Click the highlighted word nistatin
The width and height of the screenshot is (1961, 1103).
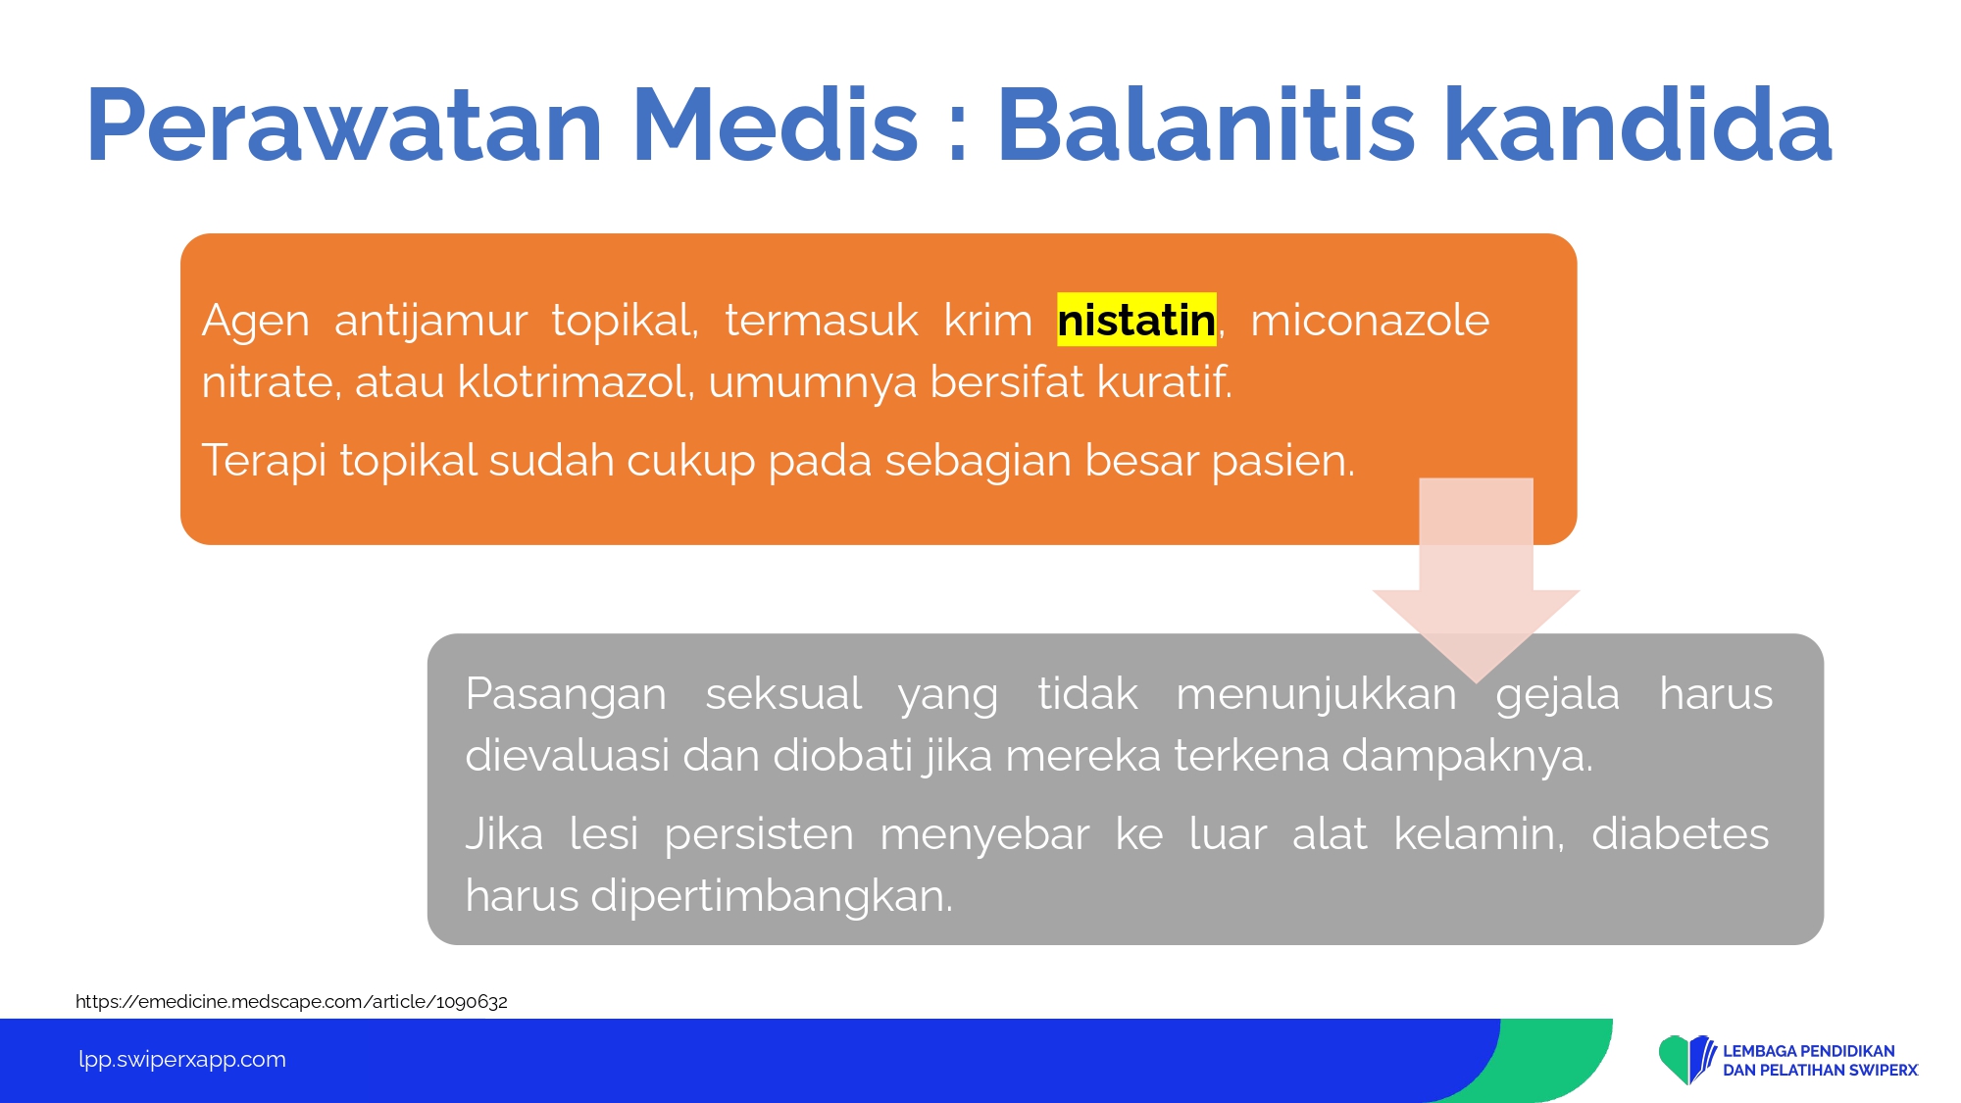pos(1136,321)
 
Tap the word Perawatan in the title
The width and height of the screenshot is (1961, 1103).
pos(344,125)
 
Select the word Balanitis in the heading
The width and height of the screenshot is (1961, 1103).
pos(1206,125)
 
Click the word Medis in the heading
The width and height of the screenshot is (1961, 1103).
pos(776,125)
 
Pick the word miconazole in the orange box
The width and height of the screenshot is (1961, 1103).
pos(1370,321)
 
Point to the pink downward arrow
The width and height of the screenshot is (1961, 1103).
pos(1476,578)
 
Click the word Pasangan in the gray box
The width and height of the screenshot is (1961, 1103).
pos(566,695)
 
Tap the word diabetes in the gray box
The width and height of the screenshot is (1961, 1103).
pos(1680,834)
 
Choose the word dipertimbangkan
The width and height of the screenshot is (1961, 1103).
pos(771,897)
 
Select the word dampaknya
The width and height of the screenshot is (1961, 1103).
pos(1467,757)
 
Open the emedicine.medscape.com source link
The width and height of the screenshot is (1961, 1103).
pos(291,1001)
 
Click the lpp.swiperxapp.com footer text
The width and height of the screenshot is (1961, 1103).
pos(182,1060)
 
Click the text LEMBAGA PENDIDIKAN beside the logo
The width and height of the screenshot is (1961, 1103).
pos(1809,1051)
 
